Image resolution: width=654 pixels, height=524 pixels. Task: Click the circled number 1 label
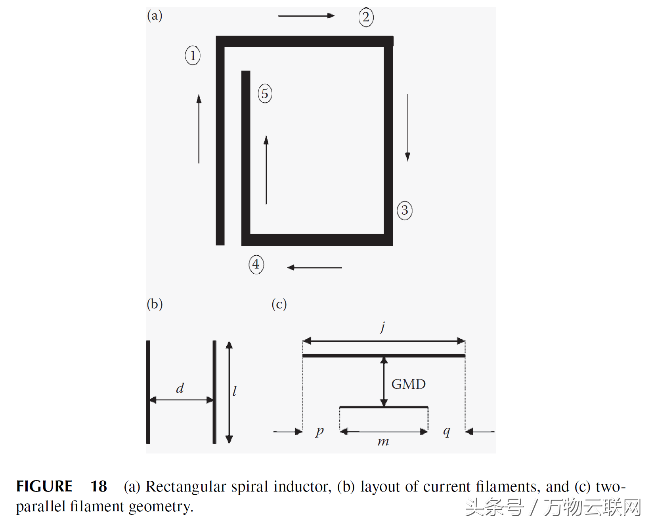pyautogui.click(x=193, y=55)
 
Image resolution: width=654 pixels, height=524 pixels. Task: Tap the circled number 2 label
pyautogui.click(x=366, y=17)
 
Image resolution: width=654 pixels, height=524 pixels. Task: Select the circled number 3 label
pyautogui.click(x=404, y=210)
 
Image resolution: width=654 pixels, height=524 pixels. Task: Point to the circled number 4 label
pyautogui.click(x=256, y=264)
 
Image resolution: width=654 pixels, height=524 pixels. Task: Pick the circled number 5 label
pyautogui.click(x=265, y=94)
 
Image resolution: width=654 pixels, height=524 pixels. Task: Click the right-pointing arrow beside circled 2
pyautogui.click(x=306, y=16)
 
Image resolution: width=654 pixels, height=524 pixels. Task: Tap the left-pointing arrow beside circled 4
pyautogui.click(x=315, y=268)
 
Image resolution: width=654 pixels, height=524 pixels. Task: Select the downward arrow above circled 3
pyautogui.click(x=407, y=128)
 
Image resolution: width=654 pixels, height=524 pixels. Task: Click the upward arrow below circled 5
pyautogui.click(x=266, y=170)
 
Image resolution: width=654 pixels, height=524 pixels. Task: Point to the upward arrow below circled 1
pyautogui.click(x=199, y=129)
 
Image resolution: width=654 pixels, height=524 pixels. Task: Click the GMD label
pyautogui.click(x=408, y=384)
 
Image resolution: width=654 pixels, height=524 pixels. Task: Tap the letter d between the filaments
pyautogui.click(x=180, y=388)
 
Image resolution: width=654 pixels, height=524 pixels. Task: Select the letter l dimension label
pyautogui.click(x=235, y=391)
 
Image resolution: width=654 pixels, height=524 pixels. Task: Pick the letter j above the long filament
pyautogui.click(x=383, y=327)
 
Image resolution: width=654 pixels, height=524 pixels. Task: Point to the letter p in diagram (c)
pyautogui.click(x=320, y=431)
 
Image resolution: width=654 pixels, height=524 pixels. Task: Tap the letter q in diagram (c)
pyautogui.click(x=447, y=431)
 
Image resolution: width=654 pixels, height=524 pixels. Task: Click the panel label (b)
pyautogui.click(x=155, y=304)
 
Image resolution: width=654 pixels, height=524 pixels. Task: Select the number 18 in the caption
pyautogui.click(x=99, y=486)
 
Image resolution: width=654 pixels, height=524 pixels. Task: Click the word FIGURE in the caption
pyautogui.click(x=44, y=486)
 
